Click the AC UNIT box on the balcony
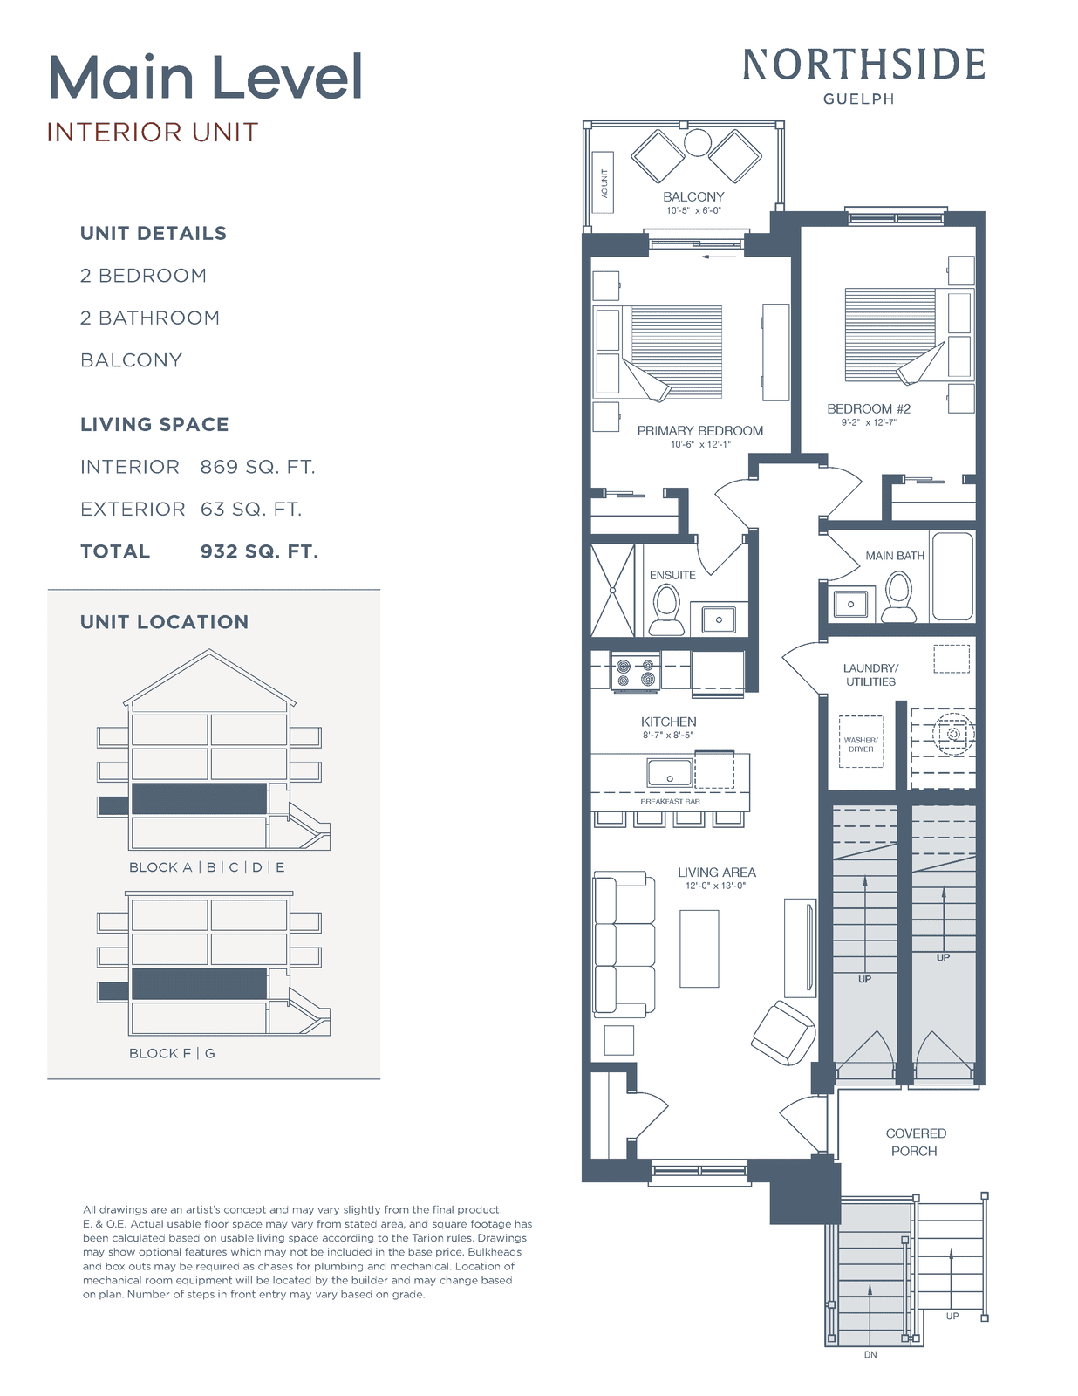(x=603, y=182)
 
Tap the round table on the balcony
(x=697, y=142)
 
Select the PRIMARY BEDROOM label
(x=699, y=430)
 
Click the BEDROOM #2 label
(x=869, y=408)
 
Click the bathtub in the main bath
(x=952, y=576)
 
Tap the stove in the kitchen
(x=635, y=671)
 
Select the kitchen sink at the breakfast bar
(x=670, y=773)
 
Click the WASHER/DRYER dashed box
(x=861, y=742)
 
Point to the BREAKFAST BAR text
(x=670, y=802)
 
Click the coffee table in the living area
(x=699, y=948)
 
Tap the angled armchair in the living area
(x=783, y=1033)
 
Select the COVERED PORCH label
(x=916, y=1142)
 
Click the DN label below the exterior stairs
(x=870, y=1355)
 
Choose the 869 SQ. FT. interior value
(x=257, y=467)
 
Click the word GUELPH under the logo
(x=859, y=99)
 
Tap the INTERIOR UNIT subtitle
(x=153, y=133)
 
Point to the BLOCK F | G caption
(x=172, y=1054)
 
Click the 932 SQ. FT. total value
(x=259, y=551)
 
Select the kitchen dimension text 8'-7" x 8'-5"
(x=668, y=735)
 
